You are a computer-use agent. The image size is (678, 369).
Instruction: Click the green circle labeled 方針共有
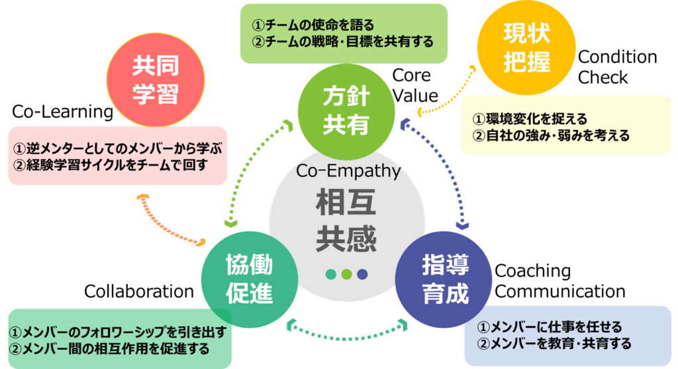click(346, 110)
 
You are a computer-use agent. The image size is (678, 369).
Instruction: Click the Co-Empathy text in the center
click(348, 171)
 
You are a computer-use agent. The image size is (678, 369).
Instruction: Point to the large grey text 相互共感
click(346, 219)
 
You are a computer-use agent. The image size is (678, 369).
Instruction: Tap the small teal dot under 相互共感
click(331, 274)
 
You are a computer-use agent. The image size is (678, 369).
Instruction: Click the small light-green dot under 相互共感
click(346, 274)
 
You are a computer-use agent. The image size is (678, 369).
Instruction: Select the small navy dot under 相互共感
click(362, 274)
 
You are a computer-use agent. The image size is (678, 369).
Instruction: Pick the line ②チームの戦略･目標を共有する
click(342, 42)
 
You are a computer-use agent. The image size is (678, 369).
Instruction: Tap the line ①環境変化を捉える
click(529, 119)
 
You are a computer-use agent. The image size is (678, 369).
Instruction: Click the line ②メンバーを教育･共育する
click(554, 343)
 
